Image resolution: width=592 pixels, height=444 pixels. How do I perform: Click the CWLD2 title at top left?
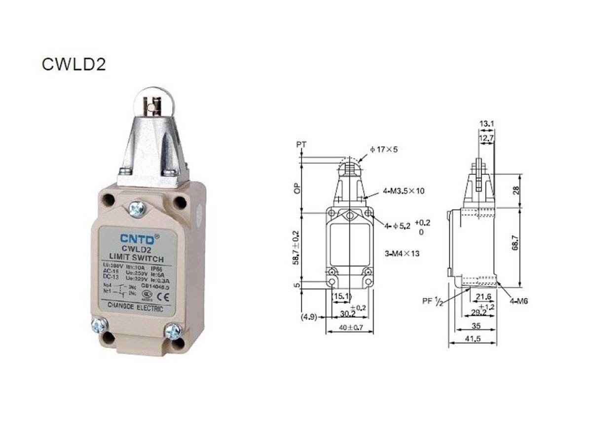point(74,65)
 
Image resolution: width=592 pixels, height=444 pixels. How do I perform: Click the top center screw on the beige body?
point(137,208)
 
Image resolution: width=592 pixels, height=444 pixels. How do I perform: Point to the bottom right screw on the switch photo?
point(174,331)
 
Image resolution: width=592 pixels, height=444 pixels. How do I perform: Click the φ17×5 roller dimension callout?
point(384,148)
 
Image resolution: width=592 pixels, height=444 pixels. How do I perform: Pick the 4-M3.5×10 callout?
point(404,191)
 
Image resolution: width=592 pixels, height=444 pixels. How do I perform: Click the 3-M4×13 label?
point(402,254)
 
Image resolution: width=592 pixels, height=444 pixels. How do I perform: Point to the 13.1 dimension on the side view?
point(486,124)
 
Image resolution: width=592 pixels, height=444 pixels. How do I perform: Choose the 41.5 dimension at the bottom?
point(472,339)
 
